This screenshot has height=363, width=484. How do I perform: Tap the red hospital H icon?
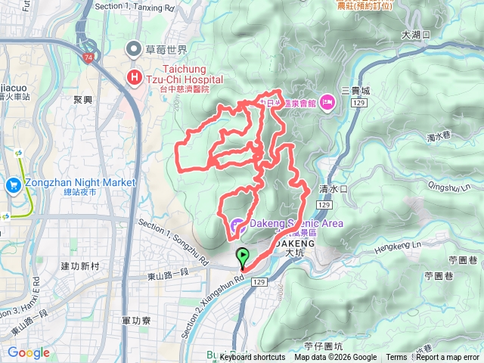coord(135,76)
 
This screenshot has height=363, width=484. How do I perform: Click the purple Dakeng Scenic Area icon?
coord(237,224)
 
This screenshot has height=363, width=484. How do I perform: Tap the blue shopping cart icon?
coord(13,185)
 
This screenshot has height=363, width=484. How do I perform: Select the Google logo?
coord(29,352)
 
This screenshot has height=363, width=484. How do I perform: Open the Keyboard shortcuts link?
coord(252,358)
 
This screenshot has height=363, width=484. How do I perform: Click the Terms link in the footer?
coord(396,358)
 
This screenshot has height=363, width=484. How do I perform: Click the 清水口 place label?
coord(333,189)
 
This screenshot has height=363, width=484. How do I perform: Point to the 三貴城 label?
coord(355,90)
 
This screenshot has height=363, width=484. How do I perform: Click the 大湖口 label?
coord(416,34)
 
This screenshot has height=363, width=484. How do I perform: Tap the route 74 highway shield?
coord(89,57)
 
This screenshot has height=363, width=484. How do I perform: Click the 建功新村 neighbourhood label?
coord(79,266)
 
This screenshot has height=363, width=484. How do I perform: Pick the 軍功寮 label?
coord(136,321)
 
